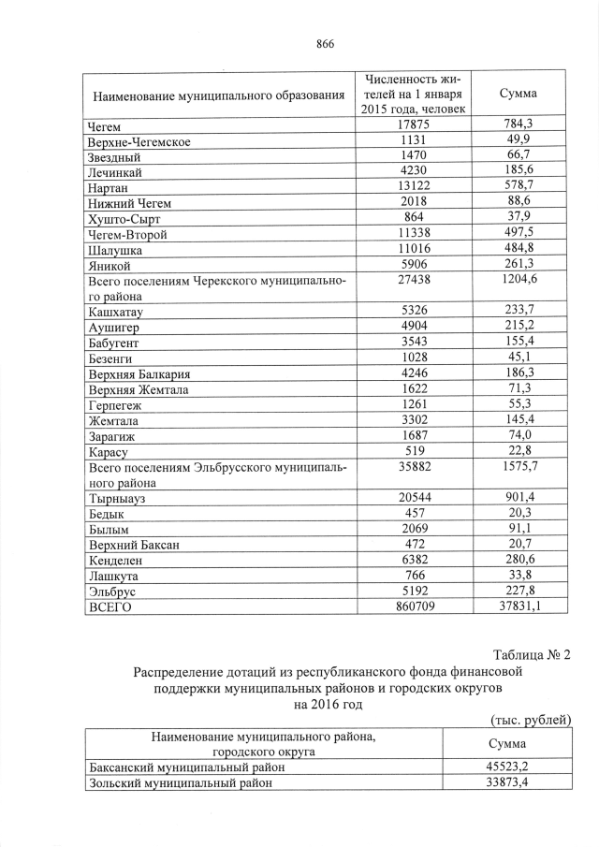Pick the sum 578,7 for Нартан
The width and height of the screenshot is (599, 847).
(x=518, y=187)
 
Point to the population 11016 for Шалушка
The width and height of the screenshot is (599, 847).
(x=413, y=249)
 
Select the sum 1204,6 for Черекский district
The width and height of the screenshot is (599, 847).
(x=518, y=280)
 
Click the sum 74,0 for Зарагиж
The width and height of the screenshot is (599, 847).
(x=518, y=434)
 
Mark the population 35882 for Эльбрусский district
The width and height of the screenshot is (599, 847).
(x=413, y=465)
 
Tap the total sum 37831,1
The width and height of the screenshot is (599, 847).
(x=518, y=606)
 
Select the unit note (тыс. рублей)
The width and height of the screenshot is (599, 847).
(x=531, y=719)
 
